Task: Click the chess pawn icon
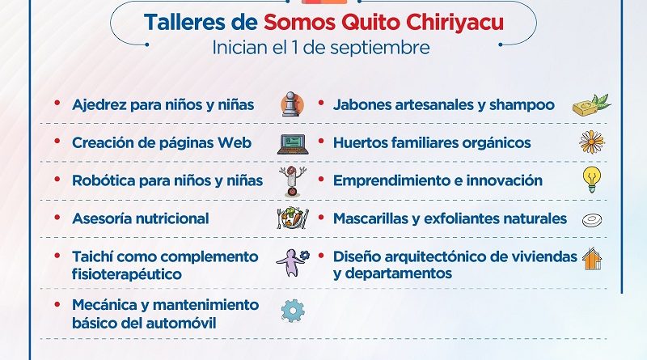click(x=292, y=104)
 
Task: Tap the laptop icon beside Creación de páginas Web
click(x=293, y=144)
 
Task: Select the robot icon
click(x=293, y=181)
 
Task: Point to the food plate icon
click(x=293, y=218)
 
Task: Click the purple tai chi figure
click(x=293, y=263)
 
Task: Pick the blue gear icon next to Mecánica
click(x=293, y=311)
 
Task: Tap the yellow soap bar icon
click(x=591, y=105)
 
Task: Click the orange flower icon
click(x=592, y=142)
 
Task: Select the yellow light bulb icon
click(x=592, y=179)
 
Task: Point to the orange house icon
click(x=592, y=259)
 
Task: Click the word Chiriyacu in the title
click(x=455, y=23)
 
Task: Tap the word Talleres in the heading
click(x=184, y=22)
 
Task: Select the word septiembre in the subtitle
click(x=379, y=48)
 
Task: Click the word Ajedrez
click(x=99, y=105)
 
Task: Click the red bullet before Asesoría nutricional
click(x=57, y=217)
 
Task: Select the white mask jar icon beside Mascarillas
click(x=592, y=220)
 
